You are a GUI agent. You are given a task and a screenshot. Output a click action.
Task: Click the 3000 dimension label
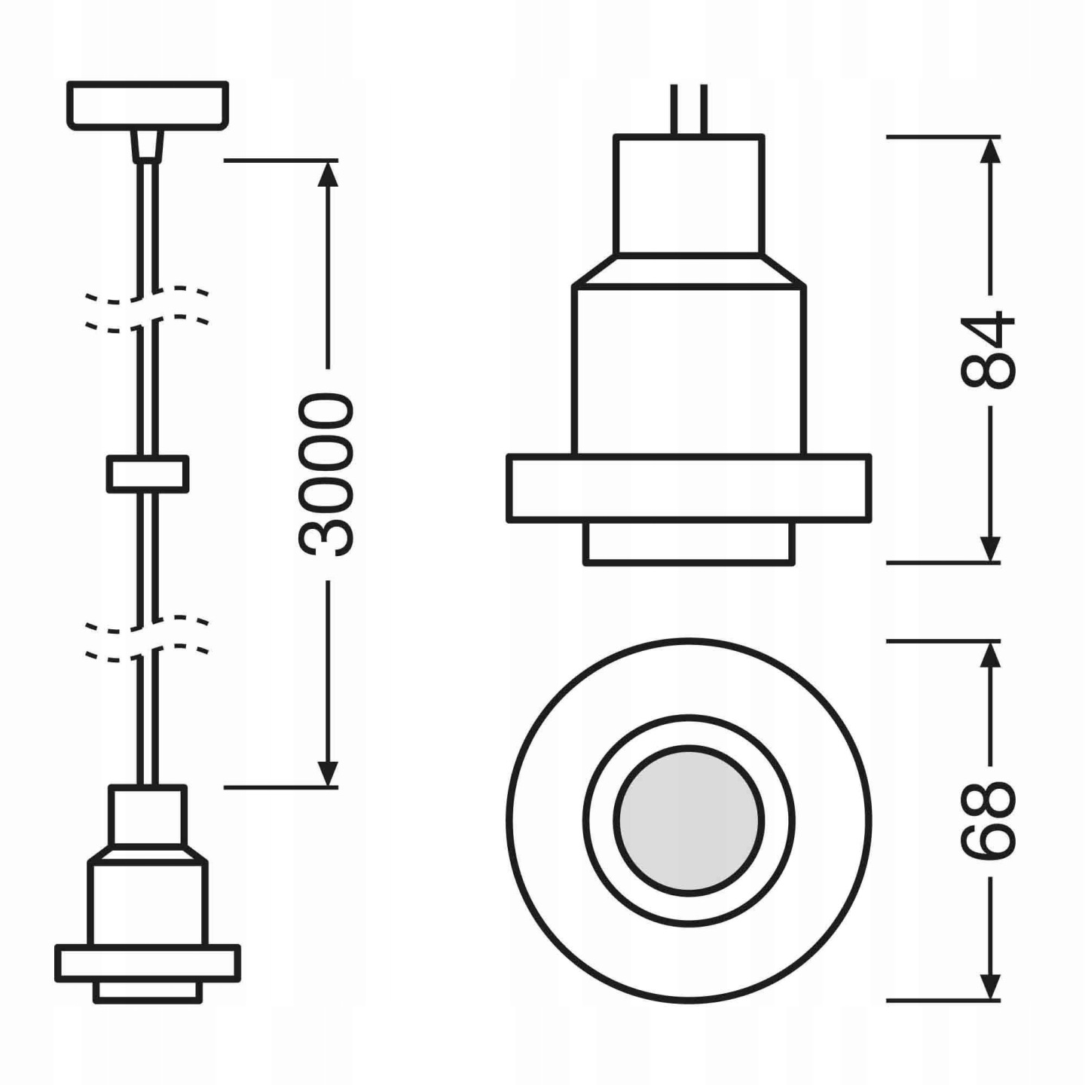point(326,475)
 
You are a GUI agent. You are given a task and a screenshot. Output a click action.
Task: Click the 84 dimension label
point(989,350)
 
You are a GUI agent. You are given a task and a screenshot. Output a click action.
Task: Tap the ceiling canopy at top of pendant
point(148,105)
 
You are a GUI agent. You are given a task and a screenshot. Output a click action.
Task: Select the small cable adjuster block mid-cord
point(148,474)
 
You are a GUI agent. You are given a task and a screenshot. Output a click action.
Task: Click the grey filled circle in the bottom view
point(689,820)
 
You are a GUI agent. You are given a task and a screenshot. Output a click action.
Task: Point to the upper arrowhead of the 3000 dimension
point(327,173)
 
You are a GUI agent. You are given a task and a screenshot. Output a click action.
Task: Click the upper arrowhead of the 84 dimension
point(990,151)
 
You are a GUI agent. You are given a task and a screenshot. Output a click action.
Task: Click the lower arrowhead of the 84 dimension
point(990,549)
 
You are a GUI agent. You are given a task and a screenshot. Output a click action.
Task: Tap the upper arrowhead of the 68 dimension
point(990,654)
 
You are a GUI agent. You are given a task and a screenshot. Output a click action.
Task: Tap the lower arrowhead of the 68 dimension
point(990,987)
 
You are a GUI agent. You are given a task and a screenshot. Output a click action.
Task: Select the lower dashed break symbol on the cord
point(148,637)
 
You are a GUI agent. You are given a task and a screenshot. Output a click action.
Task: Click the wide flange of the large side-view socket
point(689,488)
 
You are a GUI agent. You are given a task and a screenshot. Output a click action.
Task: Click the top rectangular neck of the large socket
point(689,194)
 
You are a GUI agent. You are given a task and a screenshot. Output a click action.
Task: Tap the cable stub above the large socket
point(689,109)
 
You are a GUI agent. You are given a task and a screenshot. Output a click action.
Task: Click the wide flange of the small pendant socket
point(148,964)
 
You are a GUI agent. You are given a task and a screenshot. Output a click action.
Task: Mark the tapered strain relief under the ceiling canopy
point(148,145)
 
